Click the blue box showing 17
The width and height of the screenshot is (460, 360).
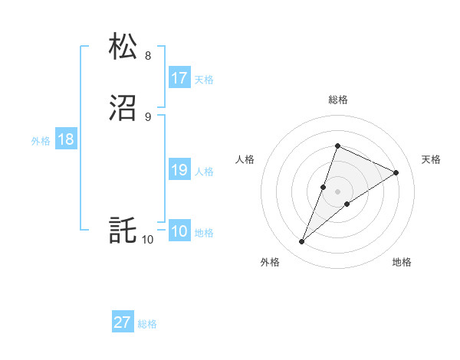click(x=179, y=78)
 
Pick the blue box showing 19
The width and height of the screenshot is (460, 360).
click(x=179, y=170)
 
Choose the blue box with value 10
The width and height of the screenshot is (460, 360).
click(x=179, y=232)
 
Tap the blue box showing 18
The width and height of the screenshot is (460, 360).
click(x=65, y=139)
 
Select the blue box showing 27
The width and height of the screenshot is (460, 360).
click(x=123, y=322)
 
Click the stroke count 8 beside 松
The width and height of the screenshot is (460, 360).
click(x=148, y=55)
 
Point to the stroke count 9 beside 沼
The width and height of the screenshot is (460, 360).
click(x=148, y=116)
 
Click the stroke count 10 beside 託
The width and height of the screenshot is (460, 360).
click(x=147, y=240)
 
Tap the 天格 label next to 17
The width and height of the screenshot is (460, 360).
click(x=204, y=80)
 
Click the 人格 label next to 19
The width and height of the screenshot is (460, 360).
click(x=204, y=172)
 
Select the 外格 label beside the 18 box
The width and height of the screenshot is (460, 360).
click(x=41, y=141)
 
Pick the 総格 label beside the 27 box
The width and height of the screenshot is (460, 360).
click(x=147, y=324)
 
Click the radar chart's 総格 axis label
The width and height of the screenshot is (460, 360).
click(x=338, y=100)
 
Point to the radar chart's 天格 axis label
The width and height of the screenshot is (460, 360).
click(x=432, y=159)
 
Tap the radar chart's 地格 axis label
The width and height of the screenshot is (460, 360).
click(x=402, y=262)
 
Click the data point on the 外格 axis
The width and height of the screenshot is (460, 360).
click(x=302, y=242)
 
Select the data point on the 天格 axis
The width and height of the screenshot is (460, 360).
click(x=396, y=172)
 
